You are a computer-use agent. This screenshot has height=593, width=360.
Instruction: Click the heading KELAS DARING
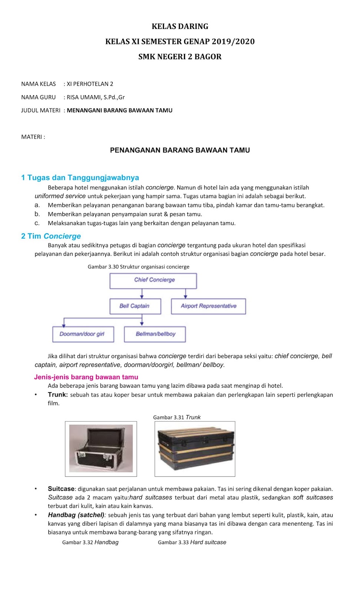180,26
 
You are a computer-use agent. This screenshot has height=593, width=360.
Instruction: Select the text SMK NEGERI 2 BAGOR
180,57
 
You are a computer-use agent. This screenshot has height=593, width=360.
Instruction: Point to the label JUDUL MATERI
40,110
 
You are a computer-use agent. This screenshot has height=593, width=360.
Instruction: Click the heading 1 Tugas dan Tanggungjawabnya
80,178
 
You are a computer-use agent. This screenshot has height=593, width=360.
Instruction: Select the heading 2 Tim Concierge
51,236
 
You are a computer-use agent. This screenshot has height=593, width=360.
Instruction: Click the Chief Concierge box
153,281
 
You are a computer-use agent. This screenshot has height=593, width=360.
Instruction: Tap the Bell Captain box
135,306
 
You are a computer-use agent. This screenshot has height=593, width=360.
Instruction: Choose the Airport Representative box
208,306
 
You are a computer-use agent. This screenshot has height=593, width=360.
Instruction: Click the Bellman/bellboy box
155,334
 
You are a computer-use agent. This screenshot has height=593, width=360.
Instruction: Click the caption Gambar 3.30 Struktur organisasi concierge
138,267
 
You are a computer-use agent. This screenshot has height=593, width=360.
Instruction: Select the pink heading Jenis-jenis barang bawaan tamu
86,377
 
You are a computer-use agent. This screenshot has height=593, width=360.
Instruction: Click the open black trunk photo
101,448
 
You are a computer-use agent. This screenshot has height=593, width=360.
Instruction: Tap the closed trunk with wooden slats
195,448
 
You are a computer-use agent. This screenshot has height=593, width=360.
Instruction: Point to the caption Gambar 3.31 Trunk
177,417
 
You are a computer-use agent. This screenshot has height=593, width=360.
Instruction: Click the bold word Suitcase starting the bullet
61,489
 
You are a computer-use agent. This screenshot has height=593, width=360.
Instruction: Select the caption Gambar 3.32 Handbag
90,542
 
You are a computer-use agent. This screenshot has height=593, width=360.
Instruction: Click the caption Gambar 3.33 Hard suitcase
192,542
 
